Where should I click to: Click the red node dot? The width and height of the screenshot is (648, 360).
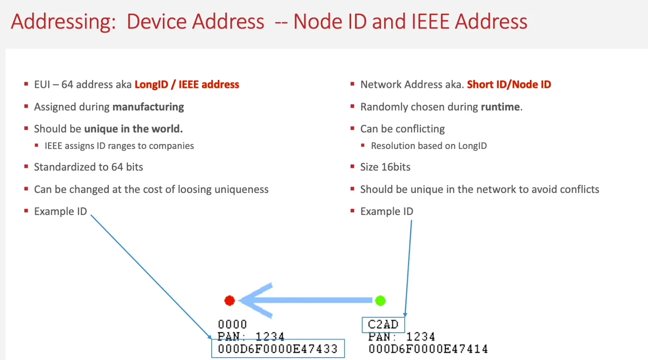229,301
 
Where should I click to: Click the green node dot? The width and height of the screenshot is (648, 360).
380,301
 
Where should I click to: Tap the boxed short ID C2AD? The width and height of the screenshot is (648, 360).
383,325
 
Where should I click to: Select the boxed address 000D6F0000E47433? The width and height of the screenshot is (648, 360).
278,349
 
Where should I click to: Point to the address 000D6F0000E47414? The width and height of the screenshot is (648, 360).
428,349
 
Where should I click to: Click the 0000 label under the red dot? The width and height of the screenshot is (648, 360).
233,325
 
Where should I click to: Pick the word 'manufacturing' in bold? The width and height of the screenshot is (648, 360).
148,107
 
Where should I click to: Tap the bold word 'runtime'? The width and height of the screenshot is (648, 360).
500,107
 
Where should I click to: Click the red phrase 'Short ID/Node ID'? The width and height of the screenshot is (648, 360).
509,84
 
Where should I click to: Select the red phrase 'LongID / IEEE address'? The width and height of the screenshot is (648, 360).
187,84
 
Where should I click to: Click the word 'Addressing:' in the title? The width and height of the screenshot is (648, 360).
63,21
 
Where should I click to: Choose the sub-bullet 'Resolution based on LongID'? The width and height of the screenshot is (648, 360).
429,146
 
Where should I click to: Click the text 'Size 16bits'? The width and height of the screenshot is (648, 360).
385,167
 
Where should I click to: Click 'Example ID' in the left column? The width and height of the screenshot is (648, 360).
60,211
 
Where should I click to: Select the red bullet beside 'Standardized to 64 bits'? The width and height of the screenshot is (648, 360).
26,167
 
